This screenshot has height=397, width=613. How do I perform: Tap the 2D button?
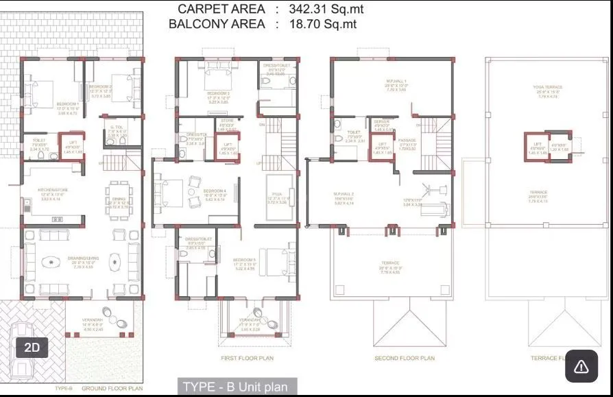coord(32,347)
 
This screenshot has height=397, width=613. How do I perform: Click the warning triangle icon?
coord(581,366)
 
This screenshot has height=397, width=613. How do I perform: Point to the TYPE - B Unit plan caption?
coord(237,387)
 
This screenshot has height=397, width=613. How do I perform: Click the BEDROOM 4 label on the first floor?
coord(215,191)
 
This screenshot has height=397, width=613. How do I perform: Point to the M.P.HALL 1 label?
coord(397,82)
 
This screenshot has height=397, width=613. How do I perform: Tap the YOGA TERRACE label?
coord(547,88)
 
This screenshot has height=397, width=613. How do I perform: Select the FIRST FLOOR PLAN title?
coord(248,359)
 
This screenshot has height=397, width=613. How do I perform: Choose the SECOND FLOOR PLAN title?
coord(405,359)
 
